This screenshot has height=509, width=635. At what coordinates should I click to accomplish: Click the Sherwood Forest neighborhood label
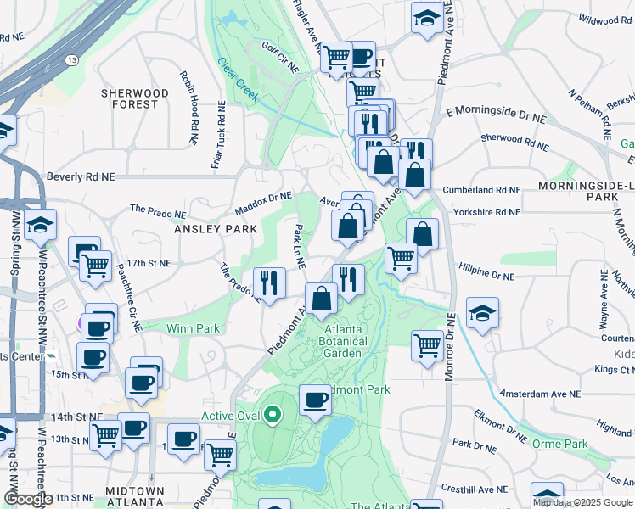[129, 98]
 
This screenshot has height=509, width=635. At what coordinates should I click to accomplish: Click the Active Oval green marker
[273, 415]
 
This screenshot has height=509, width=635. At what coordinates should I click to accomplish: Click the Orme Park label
[560, 444]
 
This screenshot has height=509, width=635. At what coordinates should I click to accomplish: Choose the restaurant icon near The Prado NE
[269, 282]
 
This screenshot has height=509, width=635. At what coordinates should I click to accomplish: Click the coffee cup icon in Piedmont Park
[315, 400]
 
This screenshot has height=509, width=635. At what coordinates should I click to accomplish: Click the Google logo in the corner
[27, 499]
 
